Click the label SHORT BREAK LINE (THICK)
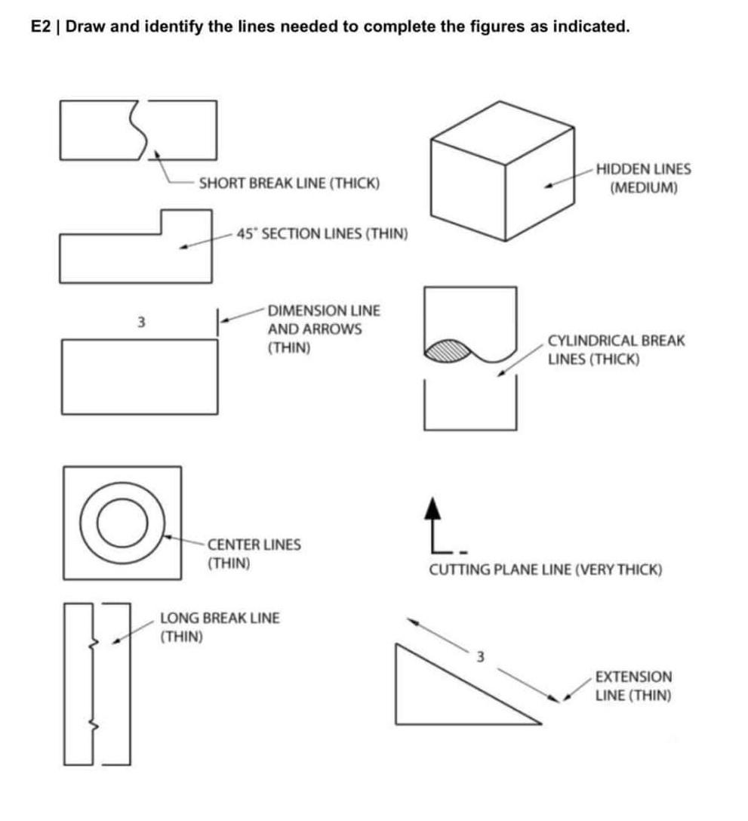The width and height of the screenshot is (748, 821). pos(290,184)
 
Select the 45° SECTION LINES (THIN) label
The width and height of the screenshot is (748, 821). pos(322,233)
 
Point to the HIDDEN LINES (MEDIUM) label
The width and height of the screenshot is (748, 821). pos(643,179)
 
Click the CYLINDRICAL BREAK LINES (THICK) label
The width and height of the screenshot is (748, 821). pos(616,350)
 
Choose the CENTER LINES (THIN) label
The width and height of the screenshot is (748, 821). pos(254,554)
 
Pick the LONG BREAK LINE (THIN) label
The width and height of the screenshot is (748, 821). pos(220,627)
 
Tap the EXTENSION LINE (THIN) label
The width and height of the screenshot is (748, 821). pos(633,686)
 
